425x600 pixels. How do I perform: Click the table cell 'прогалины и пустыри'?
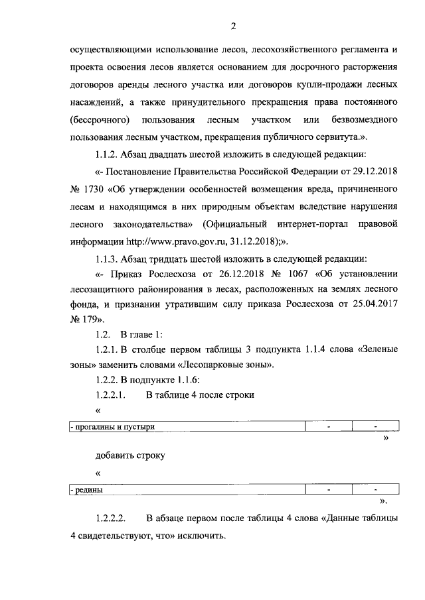click(x=114, y=427)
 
